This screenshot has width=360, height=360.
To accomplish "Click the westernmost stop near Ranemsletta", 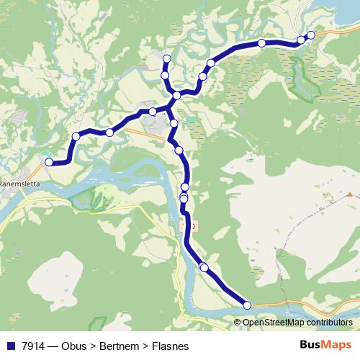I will point(49,162).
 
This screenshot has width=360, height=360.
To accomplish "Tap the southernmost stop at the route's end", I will point(248,305).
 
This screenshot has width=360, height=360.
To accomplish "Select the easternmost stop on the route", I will point(311,35).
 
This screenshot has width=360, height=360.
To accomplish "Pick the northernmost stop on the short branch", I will point(167,58).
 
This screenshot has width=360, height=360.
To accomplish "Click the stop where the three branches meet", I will point(176,95).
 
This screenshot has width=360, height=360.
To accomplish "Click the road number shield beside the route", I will point(191,225).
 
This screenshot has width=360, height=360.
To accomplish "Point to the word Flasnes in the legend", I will point(170,346).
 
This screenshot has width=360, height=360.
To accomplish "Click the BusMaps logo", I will point(325,346).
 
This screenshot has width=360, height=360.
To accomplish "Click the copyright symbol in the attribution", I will point(238,323).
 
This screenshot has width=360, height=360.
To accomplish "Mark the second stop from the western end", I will point(76,136).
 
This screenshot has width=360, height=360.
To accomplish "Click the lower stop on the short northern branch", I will point(165,75).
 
